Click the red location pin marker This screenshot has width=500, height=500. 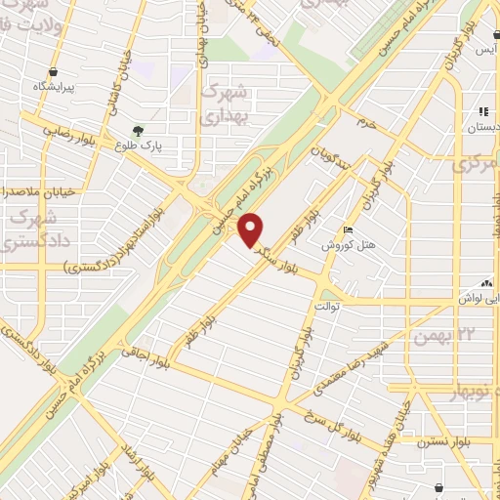pyautogui.click(x=253, y=229)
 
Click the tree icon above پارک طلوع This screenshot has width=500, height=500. pyautogui.click(x=139, y=129)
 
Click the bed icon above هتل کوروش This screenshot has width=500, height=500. pyautogui.click(x=349, y=230)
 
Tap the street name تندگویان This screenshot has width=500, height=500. pyautogui.click(x=330, y=154)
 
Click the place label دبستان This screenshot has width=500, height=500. pyautogui.click(x=483, y=127)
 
